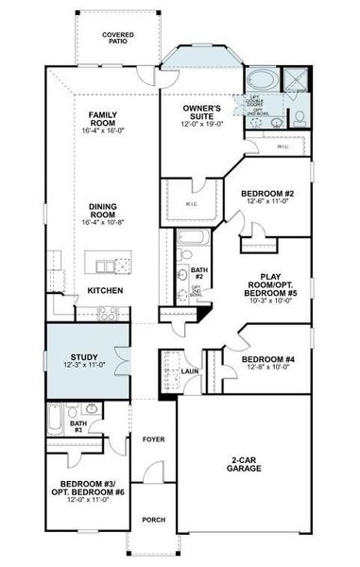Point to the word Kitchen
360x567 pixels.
[105, 290]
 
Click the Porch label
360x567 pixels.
[153, 519]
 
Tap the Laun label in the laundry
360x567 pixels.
[188, 370]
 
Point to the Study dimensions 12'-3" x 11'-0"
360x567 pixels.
[83, 366]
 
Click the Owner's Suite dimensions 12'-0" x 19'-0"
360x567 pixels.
[201, 124]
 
